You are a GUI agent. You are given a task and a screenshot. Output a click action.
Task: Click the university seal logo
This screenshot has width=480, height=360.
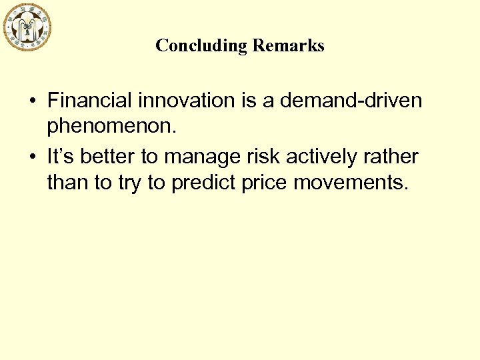point(27,27)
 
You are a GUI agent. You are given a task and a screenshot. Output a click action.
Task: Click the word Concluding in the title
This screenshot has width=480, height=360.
point(201,45)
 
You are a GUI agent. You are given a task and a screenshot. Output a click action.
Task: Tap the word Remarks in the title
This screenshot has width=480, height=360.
point(288,45)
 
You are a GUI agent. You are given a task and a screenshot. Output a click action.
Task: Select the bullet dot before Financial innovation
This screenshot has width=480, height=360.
point(32,101)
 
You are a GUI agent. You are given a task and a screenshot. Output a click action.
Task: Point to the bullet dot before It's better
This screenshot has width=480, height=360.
point(32,157)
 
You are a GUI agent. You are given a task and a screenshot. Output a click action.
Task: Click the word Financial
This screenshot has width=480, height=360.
point(89,101)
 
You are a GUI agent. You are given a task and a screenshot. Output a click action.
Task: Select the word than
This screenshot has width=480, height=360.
point(67,182)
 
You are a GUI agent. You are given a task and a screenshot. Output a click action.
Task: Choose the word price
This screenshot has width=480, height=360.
point(266,183)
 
